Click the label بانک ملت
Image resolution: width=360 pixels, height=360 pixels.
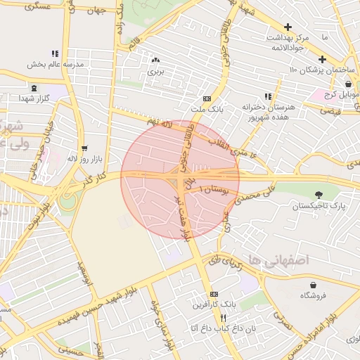coord(207,110)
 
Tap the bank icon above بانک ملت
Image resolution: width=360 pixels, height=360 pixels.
coord(206,99)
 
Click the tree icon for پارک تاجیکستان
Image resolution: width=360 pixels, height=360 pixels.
coord(320,194)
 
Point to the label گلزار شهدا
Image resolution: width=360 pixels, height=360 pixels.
coord(34,98)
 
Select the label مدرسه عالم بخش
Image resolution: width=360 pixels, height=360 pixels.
coord(55,65)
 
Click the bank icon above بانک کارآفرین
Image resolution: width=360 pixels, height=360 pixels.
coord(214,294)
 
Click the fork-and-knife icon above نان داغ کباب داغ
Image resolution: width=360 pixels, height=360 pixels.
coord(223,317)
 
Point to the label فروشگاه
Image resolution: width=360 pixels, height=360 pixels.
coord(313,296)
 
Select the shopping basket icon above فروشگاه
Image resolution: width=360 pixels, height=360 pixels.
coord(313,285)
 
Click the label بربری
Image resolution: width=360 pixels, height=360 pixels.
coord(155,72)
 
